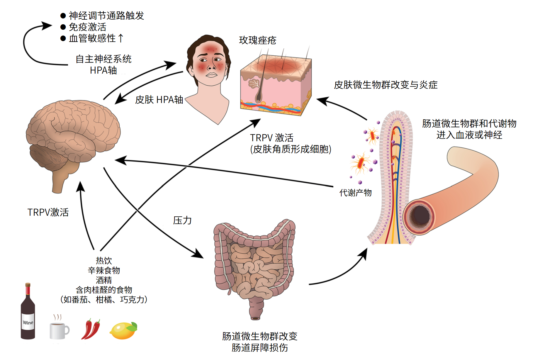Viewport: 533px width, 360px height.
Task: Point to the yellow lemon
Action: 123,331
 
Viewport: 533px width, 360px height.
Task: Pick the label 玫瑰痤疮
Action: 257,40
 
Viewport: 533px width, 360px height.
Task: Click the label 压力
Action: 182,220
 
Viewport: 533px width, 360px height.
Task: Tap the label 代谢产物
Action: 355,193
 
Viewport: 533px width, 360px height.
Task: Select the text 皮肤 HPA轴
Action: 159,100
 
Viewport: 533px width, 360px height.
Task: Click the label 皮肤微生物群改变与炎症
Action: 386,85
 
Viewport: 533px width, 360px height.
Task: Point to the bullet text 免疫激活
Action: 87,27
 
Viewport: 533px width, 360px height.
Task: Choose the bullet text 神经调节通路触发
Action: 106,16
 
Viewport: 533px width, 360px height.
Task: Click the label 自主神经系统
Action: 103,59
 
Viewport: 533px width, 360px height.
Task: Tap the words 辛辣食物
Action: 104,270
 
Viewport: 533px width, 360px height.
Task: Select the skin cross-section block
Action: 276,85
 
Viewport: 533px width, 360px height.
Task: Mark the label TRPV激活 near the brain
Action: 48,212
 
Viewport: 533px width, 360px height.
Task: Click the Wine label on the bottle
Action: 28,322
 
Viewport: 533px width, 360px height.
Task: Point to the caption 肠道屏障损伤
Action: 259,348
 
